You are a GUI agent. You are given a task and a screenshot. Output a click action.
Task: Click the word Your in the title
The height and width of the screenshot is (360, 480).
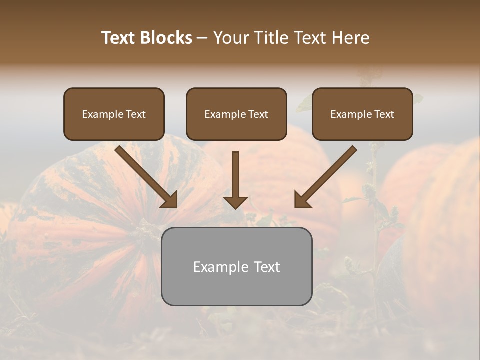[x=232, y=38]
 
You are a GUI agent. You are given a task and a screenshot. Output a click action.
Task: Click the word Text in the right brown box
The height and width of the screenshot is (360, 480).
[x=384, y=114]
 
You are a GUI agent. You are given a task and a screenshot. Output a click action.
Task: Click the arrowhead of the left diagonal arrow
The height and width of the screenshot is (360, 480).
[x=170, y=200]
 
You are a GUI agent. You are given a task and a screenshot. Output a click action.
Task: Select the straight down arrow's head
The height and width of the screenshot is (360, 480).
[x=235, y=202]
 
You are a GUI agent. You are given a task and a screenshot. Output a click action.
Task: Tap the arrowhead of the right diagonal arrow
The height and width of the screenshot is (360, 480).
[x=301, y=200]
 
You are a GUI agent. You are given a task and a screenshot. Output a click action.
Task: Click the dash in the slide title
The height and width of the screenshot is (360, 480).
[x=202, y=38]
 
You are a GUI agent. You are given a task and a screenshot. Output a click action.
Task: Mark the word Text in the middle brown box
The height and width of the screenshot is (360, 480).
[x=258, y=114]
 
